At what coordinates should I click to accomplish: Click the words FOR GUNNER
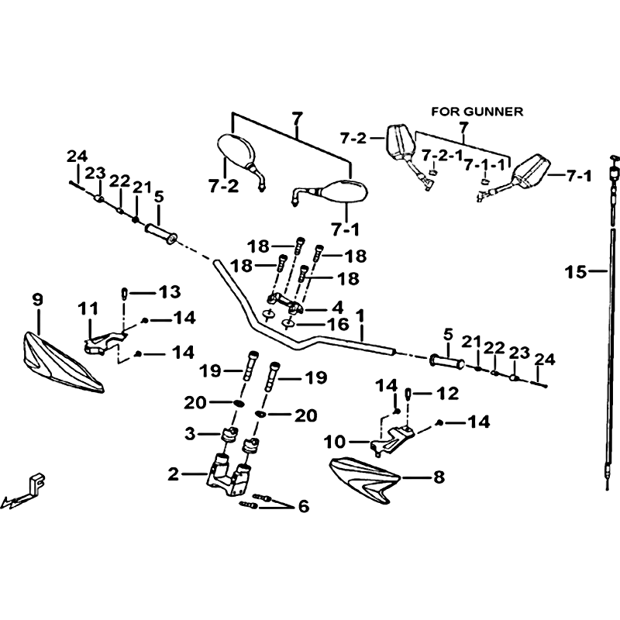tap(477, 112)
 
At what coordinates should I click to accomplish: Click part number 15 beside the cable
tap(575, 272)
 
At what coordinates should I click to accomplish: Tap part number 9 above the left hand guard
tap(37, 300)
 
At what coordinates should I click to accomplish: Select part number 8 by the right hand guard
tap(439, 477)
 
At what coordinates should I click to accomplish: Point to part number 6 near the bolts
tap(303, 506)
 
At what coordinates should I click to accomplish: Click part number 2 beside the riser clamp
tap(173, 474)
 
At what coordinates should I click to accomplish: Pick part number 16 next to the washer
tap(339, 324)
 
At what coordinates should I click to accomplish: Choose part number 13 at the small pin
tap(170, 292)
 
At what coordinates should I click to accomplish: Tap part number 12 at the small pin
tap(448, 394)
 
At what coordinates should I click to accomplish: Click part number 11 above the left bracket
tap(88, 308)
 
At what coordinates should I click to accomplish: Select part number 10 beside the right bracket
tap(335, 442)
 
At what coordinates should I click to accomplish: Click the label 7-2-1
tap(442, 156)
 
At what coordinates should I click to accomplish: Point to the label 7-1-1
tap(484, 165)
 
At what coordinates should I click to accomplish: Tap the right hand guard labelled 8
tap(365, 480)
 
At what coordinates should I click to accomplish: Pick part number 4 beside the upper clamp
tap(338, 307)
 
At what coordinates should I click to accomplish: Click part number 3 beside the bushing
tap(190, 434)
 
